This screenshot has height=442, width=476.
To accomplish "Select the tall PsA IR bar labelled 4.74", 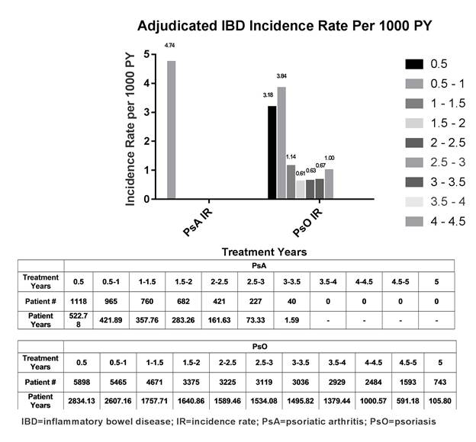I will [x=171, y=130].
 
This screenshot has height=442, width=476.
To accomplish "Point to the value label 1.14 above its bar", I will [x=291, y=158].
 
